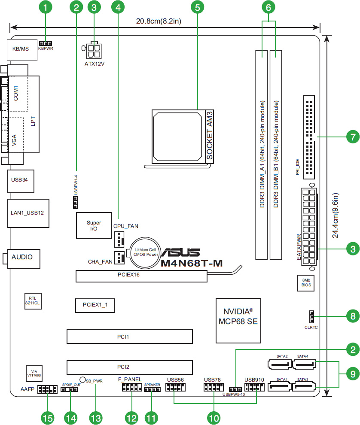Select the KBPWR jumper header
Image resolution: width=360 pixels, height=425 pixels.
click(46, 44)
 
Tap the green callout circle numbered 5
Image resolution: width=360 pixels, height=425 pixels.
click(197, 7)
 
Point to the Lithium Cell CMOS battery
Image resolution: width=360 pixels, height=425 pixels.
click(146, 251)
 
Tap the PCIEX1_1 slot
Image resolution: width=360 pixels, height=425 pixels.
click(95, 304)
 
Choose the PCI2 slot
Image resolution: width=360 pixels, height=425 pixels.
click(129, 367)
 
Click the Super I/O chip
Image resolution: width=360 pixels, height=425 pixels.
click(94, 226)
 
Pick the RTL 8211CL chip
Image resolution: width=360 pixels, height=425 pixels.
click(33, 300)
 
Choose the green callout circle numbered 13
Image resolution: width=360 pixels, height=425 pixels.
click(95, 416)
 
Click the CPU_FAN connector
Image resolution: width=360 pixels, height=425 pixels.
click(119, 239)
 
